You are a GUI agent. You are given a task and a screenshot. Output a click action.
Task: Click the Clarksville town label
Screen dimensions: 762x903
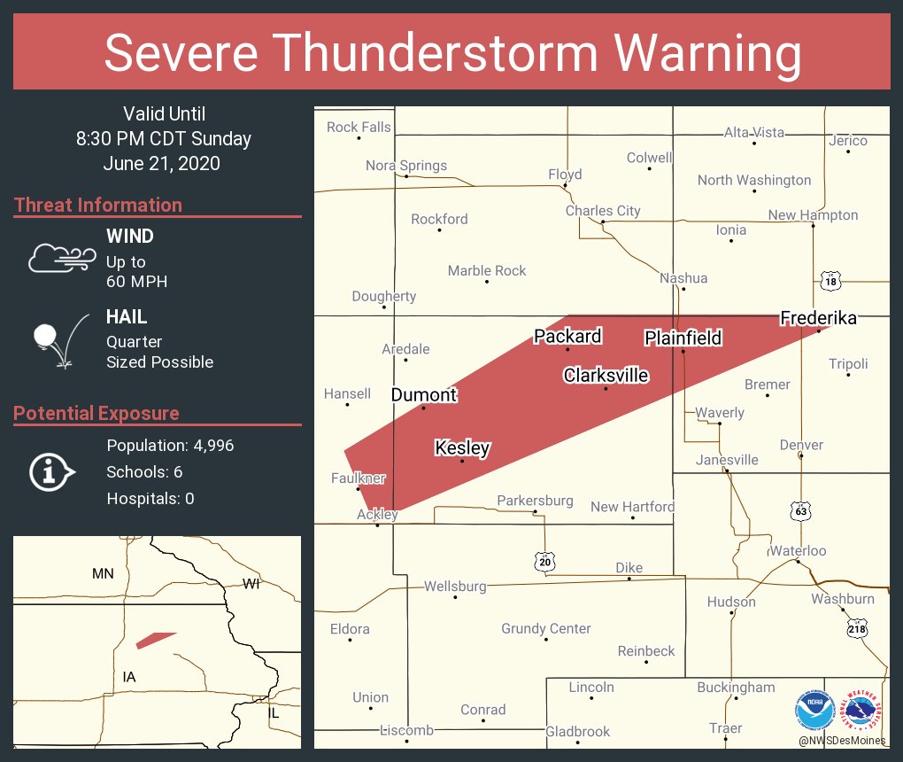606,376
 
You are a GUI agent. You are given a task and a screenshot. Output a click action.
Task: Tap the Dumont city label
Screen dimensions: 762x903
424,395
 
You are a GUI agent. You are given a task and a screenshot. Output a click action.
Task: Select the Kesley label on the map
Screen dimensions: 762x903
462,448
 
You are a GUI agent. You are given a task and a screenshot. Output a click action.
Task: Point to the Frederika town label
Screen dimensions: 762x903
818,318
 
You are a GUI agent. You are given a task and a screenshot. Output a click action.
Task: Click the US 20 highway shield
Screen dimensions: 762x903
544,561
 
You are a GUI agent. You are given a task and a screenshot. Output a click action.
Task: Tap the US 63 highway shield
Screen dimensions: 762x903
801,511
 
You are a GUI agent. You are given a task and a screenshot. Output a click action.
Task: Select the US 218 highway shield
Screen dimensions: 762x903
856,629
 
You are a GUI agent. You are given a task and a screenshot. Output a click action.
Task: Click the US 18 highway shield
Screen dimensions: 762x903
830,282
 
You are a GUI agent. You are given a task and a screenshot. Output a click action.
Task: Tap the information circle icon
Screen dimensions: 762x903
50,472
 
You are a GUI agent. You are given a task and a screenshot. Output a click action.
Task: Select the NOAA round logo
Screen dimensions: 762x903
814,710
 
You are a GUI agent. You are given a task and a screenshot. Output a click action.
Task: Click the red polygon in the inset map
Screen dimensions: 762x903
155,640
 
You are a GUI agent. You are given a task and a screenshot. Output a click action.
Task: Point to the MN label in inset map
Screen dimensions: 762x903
103,573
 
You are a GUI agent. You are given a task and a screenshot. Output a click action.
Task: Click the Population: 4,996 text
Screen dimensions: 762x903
170,446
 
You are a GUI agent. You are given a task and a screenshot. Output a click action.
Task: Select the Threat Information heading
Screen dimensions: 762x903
98,205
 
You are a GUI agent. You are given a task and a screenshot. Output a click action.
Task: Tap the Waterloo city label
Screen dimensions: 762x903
797,551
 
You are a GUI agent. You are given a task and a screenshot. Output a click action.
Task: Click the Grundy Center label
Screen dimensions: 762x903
545,629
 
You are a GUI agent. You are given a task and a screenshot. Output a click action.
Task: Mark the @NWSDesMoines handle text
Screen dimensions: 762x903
842,740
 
